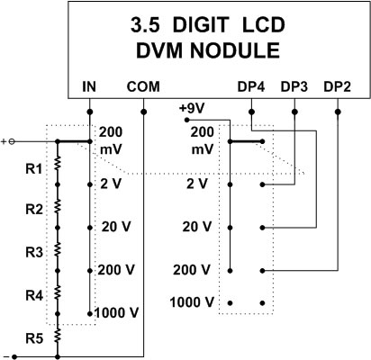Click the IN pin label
click(x=89, y=87)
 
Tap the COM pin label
click(x=143, y=87)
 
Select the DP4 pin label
click(x=251, y=87)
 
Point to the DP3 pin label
click(x=294, y=87)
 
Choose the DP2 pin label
click(x=337, y=87)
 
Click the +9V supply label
click(x=192, y=108)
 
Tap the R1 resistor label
click(x=34, y=169)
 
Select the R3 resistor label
click(x=34, y=253)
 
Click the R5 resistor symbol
click(x=58, y=336)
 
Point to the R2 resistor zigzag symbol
click(x=58, y=206)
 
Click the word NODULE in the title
click(x=235, y=50)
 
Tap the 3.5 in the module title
click(x=145, y=25)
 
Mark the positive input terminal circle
click(x=12, y=141)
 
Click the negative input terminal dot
click(x=14, y=357)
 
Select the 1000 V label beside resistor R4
click(x=117, y=313)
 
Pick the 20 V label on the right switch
click(x=197, y=227)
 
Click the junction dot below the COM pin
click(x=144, y=112)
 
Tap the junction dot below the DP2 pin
click(x=338, y=112)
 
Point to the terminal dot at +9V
click(x=186, y=120)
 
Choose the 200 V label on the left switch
click(x=116, y=270)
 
